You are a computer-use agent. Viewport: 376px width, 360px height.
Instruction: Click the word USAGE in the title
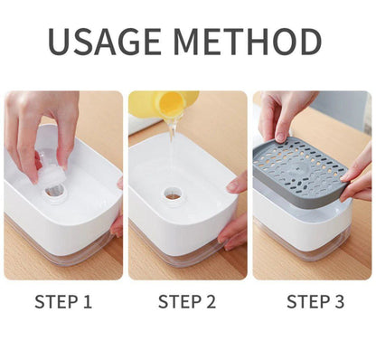[x=108, y=43]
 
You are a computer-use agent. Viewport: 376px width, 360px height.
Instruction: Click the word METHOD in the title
[x=248, y=43]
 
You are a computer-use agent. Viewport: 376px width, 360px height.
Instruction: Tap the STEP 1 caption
[x=62, y=302]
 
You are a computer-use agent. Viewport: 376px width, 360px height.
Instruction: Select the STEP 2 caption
[x=187, y=302]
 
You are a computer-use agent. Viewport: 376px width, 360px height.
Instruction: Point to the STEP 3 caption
[x=315, y=302]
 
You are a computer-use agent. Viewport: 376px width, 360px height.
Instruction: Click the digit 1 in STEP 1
[x=87, y=302]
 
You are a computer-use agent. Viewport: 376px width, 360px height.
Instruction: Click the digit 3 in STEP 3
[x=340, y=302]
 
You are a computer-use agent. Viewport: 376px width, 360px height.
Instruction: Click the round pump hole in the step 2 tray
[x=172, y=194]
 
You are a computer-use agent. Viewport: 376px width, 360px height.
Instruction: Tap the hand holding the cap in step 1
[x=42, y=122]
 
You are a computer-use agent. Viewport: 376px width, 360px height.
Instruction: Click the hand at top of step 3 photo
[x=284, y=113]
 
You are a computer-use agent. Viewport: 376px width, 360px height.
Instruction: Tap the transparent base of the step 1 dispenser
[x=68, y=256]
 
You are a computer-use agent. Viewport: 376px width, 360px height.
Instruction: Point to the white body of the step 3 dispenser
[x=298, y=222]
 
